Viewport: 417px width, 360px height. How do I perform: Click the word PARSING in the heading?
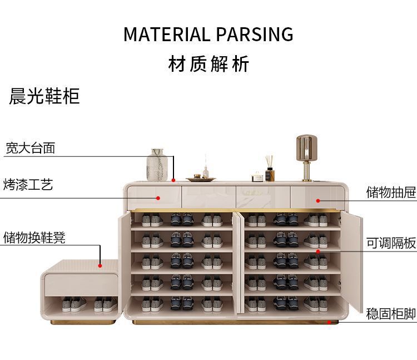[254, 34]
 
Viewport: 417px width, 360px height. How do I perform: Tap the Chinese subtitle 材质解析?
[209, 64]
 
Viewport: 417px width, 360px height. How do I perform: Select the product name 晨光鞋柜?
[44, 96]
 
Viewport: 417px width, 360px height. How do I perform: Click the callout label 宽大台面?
[31, 148]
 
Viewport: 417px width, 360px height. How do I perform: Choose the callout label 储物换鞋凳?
[34, 238]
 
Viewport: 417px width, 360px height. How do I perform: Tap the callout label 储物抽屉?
[391, 193]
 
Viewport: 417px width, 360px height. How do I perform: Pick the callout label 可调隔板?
[391, 243]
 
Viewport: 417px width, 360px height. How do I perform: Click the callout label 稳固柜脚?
[391, 314]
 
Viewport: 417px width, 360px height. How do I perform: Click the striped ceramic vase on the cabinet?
[157, 165]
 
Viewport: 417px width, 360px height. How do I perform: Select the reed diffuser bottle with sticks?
[270, 170]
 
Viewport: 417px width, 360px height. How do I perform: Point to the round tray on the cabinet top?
[201, 179]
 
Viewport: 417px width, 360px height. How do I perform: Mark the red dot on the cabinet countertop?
[173, 180]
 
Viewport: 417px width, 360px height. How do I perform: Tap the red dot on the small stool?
[100, 265]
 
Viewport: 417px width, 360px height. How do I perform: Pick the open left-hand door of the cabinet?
[124, 262]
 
